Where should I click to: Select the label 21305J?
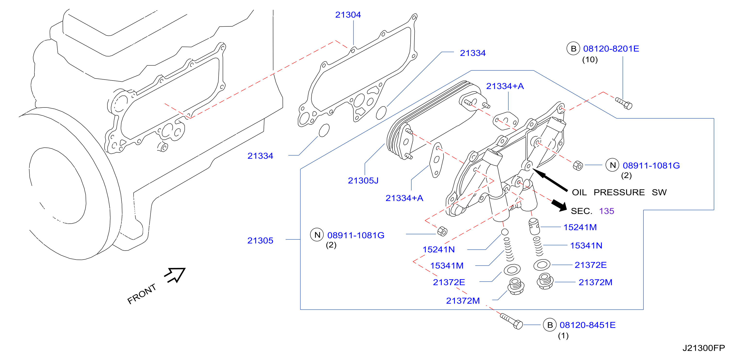point(363,180)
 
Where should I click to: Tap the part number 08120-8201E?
point(611,49)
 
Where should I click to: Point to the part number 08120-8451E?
point(587,325)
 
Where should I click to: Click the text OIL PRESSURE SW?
point(619,192)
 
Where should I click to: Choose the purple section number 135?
point(607,211)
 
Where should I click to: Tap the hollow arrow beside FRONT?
point(175,275)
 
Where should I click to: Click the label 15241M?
point(580,227)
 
